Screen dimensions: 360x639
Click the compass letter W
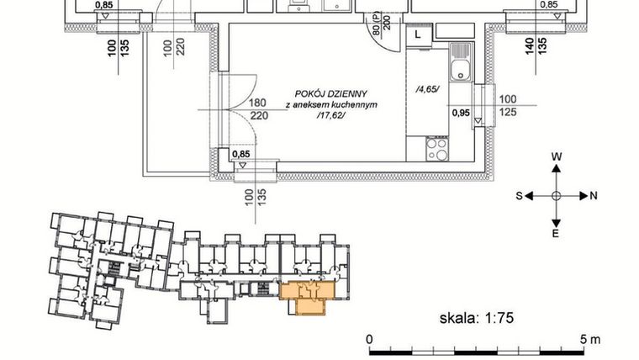556,156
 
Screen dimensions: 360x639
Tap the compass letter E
556,234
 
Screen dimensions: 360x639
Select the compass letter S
519,196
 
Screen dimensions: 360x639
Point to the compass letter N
594,196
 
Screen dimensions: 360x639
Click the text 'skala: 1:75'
476,318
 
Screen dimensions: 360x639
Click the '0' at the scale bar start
370,338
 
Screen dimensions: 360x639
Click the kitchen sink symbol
460,66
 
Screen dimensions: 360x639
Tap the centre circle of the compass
556,195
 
